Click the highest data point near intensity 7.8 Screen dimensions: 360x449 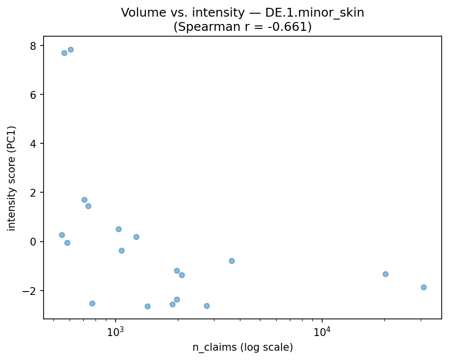point(71,49)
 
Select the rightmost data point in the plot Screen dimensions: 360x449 point(424,287)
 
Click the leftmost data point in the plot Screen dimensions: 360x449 point(62,235)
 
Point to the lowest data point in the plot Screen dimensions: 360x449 point(147,306)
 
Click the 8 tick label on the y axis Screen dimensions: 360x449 point(34,45)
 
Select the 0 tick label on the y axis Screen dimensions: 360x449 point(34,242)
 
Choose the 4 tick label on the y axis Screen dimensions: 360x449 point(34,143)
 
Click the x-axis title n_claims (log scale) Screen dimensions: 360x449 point(242,348)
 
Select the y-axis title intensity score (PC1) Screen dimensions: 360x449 point(12,178)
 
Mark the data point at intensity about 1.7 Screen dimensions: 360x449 point(84,200)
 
